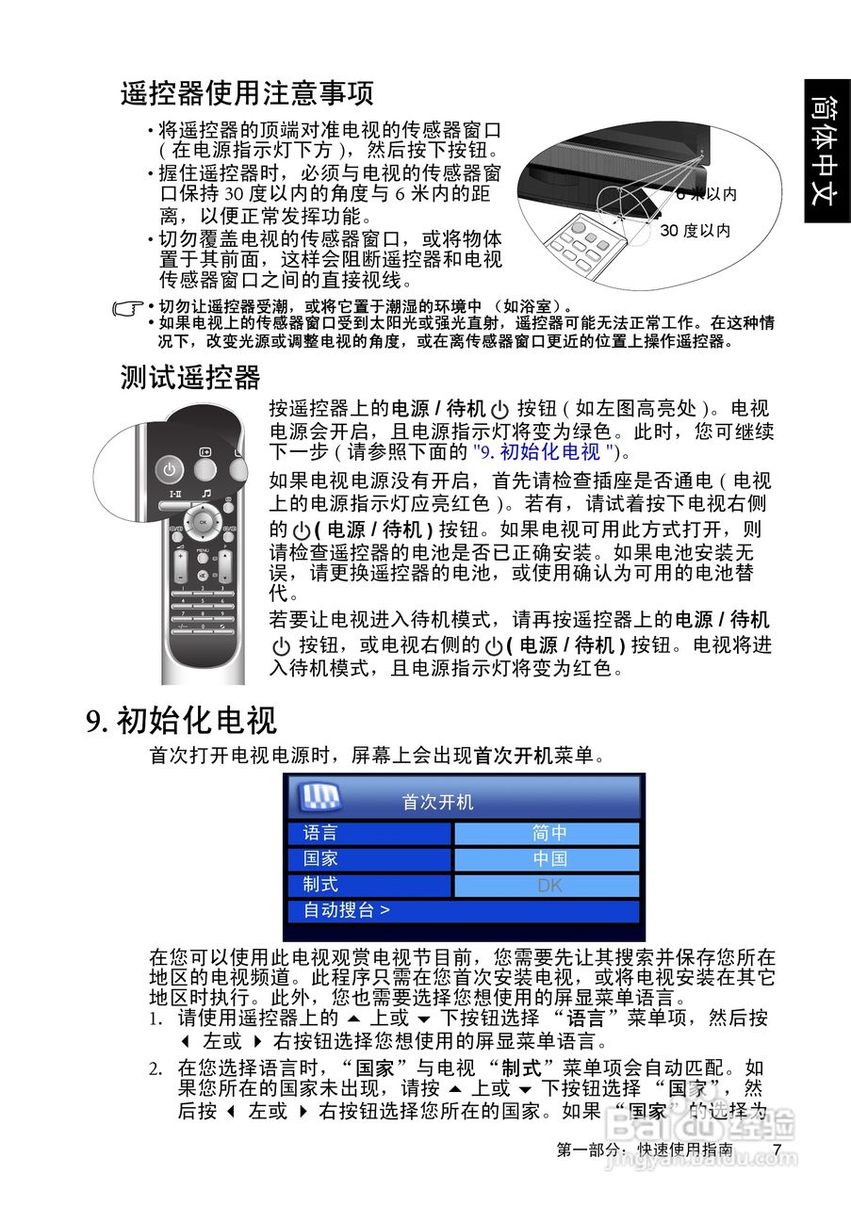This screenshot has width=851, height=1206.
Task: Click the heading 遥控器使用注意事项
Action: (247, 93)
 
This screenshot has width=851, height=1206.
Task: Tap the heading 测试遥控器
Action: (189, 377)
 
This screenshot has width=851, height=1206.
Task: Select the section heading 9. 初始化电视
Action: (181, 721)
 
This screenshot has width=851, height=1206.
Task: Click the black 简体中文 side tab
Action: (826, 151)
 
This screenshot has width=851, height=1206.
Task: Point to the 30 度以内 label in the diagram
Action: (695, 231)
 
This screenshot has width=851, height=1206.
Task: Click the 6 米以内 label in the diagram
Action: (706, 195)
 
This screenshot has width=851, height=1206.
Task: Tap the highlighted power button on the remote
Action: (169, 468)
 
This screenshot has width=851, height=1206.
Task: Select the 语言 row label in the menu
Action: (320, 833)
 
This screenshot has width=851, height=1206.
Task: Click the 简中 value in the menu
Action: (548, 833)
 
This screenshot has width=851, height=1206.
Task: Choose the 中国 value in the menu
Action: (548, 859)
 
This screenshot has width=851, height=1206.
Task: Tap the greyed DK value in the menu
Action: (548, 886)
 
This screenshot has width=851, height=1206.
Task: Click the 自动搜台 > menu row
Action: (346, 911)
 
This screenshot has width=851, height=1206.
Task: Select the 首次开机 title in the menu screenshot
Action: (437, 803)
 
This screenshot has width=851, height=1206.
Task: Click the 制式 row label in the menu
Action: (320, 886)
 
